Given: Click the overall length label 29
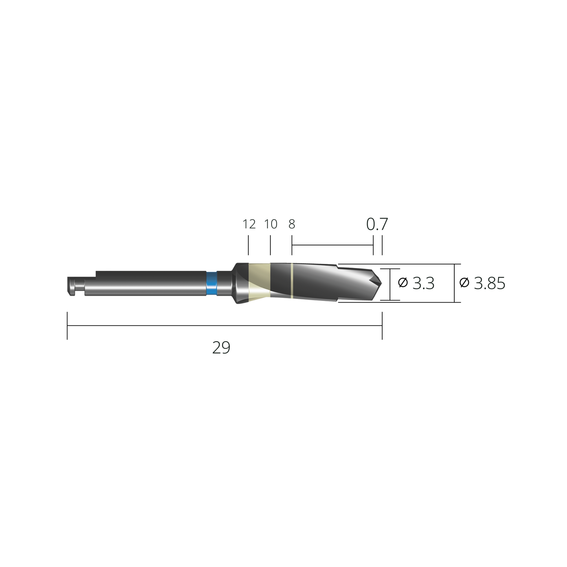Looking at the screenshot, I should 221,348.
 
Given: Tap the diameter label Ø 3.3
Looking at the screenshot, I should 416,283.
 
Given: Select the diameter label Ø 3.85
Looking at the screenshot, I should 482,283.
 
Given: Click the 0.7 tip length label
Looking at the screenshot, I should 377,224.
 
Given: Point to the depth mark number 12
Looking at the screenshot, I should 249,224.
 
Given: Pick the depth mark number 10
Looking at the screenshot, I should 270,224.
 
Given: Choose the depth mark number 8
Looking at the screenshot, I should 292,224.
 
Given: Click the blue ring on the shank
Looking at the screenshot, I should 211,283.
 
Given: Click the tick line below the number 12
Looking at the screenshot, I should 248,246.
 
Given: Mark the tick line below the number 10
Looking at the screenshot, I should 270,246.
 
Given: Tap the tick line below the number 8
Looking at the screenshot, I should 292,246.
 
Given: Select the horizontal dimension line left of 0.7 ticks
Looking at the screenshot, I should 332,245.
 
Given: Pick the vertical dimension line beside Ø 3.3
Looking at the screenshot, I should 390,284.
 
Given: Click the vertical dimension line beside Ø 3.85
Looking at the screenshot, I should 454,283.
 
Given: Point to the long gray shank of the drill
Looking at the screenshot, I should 149,283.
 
